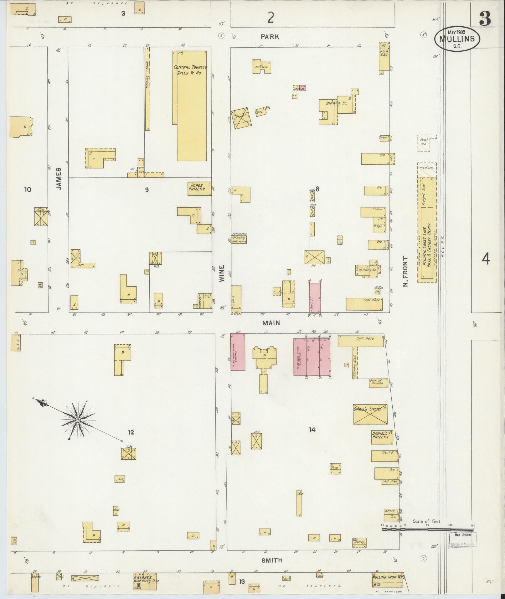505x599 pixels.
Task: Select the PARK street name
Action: pos(270,37)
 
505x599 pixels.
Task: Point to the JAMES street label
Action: pos(59,178)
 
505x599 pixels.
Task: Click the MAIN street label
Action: pos(271,323)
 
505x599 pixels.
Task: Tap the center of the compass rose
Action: pos(77,419)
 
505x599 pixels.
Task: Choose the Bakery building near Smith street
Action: pos(359,542)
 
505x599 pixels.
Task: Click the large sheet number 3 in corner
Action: pos(485,19)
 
